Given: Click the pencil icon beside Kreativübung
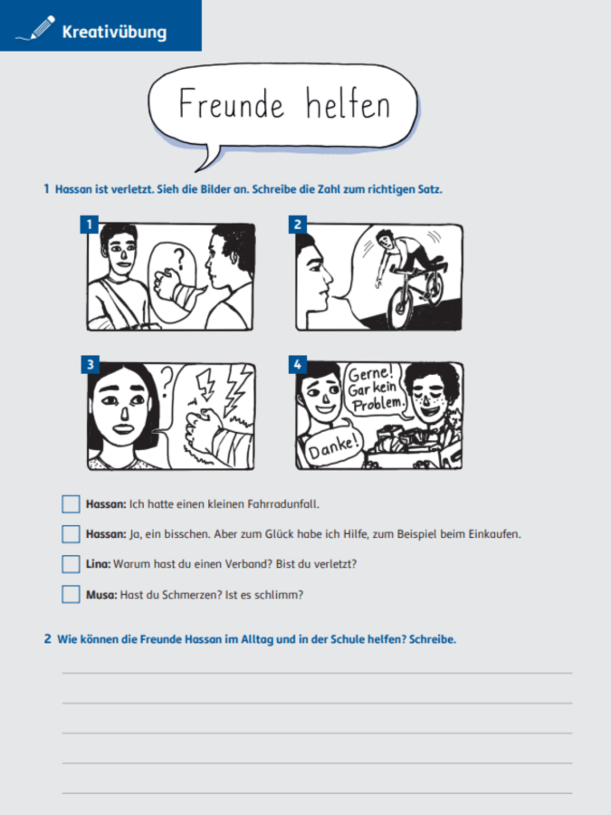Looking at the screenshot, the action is click(x=36, y=28).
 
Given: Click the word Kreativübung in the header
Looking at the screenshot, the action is click(x=114, y=32).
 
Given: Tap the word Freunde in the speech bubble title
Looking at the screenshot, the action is click(x=231, y=103).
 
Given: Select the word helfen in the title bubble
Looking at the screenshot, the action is click(x=348, y=103).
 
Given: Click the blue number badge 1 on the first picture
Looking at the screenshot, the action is click(x=90, y=225).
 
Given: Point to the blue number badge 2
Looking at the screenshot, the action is click(x=298, y=225).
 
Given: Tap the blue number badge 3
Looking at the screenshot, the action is click(x=91, y=364).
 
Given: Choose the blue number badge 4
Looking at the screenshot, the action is click(x=298, y=364).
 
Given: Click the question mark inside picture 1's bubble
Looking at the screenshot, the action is click(x=178, y=258).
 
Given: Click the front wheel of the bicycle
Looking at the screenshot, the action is click(x=400, y=307).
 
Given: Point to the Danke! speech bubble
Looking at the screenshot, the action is click(x=332, y=446).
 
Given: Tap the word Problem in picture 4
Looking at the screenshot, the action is click(x=377, y=403).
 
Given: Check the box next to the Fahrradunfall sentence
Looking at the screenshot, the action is click(x=71, y=503).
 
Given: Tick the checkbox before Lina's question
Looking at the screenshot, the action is click(x=71, y=564).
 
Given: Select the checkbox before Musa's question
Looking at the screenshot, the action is click(x=71, y=594).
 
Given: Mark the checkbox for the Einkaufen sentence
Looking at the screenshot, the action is click(x=71, y=533).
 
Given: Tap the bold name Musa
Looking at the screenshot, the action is click(x=101, y=595).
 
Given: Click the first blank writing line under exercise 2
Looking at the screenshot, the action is click(x=317, y=673).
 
